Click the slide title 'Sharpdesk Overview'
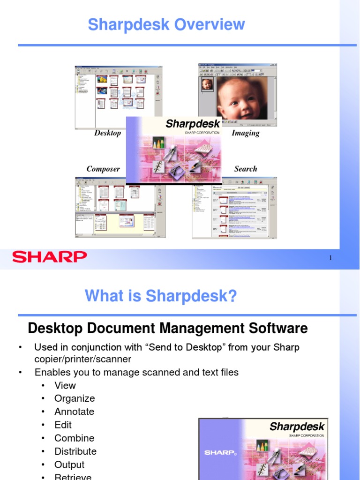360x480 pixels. coord(166,24)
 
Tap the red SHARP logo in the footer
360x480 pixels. coord(49,257)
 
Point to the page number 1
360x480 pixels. coord(330,258)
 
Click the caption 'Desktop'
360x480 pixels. coord(107,133)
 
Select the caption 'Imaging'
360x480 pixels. coord(245,133)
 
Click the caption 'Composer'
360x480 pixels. coord(103,169)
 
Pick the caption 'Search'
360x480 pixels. coord(246,169)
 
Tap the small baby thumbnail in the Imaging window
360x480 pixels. coord(207,84)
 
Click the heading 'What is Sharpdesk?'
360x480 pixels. coord(161,296)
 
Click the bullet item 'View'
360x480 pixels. coord(65,385)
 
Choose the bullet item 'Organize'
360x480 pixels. coord(75,398)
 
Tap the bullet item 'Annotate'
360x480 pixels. coord(74,412)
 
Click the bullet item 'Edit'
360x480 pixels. coord(63,425)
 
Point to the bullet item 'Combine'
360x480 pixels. coord(74,438)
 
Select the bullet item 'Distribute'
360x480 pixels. coord(75,451)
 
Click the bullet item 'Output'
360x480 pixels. coord(69,465)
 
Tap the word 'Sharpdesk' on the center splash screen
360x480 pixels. coord(193,124)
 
